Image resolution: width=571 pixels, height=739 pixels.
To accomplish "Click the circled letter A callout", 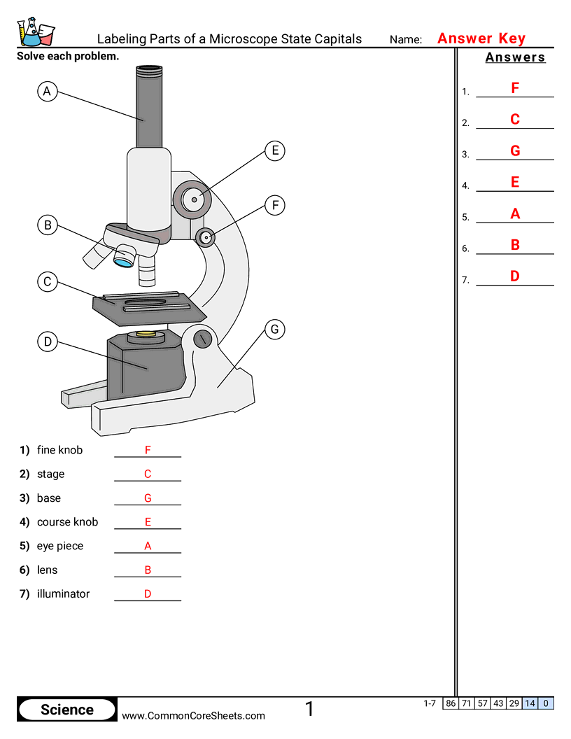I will click(47, 91).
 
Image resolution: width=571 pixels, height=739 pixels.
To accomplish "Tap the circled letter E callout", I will click(276, 150).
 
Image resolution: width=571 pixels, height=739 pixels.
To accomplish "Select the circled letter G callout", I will click(274, 329).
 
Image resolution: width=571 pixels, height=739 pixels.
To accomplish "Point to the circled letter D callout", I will click(47, 342).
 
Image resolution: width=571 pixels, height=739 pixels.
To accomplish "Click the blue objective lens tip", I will click(124, 262).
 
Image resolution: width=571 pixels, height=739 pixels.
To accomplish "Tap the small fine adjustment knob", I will click(206, 237).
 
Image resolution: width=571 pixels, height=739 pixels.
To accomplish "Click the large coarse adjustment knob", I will click(193, 199).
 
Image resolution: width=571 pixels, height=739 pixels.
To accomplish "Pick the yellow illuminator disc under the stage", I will click(146, 335).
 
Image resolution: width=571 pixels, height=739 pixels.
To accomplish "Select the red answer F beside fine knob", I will click(148, 450).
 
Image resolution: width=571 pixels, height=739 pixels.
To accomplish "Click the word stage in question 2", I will click(50, 474).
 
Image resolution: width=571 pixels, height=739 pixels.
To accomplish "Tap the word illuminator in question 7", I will click(63, 593).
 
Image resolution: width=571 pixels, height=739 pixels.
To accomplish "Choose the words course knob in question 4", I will click(67, 522).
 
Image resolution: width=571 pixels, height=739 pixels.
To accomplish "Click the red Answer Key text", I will click(481, 38).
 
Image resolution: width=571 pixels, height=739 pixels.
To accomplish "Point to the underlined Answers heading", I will click(515, 57).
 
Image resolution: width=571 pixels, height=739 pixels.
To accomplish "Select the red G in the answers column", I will click(515, 150).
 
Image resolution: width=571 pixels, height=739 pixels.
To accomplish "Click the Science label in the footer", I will click(67, 710).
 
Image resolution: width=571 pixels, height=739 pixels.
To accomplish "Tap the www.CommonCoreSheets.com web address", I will click(194, 715).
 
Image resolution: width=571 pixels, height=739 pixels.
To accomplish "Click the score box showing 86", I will click(451, 703).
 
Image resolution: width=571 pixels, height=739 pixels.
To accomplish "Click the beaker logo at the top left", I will click(35, 31).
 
